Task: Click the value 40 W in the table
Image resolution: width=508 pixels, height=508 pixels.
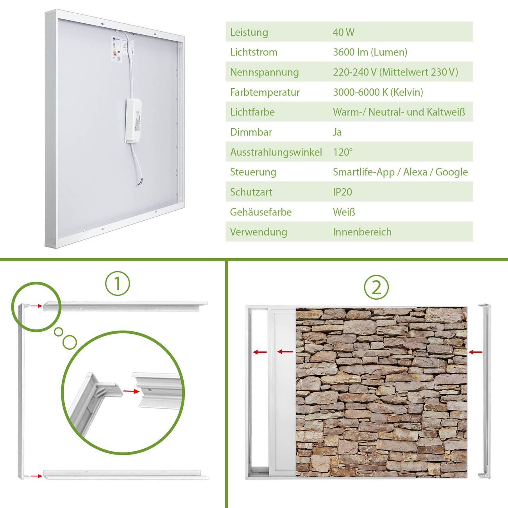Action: pyautogui.click(x=343, y=32)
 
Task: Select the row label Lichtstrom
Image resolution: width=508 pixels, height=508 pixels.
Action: pyautogui.click(x=254, y=52)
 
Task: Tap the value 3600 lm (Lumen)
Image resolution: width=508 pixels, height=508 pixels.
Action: pyautogui.click(x=370, y=52)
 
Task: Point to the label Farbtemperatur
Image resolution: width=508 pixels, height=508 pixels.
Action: pyautogui.click(x=265, y=92)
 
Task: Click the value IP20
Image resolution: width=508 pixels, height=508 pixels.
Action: pyautogui.click(x=342, y=192)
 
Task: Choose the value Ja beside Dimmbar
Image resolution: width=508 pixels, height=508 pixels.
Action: pyautogui.click(x=337, y=132)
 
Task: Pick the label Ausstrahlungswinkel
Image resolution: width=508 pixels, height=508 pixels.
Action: pyautogui.click(x=276, y=152)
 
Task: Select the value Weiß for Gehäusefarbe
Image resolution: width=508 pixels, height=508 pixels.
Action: pyautogui.click(x=344, y=212)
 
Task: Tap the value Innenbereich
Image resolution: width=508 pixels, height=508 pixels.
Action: pyautogui.click(x=362, y=232)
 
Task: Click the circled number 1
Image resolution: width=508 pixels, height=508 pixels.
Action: pyautogui.click(x=118, y=283)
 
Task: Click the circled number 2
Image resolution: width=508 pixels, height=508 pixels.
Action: pyautogui.click(x=376, y=287)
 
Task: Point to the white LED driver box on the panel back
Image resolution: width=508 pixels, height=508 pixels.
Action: pyautogui.click(x=133, y=121)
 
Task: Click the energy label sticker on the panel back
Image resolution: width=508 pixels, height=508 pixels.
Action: pyautogui.click(x=116, y=49)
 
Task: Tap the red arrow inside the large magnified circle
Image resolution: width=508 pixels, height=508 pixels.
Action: pyautogui.click(x=131, y=391)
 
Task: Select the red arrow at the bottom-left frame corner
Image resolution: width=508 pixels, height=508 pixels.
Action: pyautogui.click(x=36, y=476)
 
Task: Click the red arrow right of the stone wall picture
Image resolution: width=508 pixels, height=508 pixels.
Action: pyautogui.click(x=476, y=352)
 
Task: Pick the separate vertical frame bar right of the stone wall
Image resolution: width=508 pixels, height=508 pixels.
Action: pyautogui.click(x=485, y=391)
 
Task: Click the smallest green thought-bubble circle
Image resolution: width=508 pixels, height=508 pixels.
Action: pyautogui.click(x=58, y=332)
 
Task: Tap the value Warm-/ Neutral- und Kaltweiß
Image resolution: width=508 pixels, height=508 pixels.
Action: pyautogui.click(x=399, y=112)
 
